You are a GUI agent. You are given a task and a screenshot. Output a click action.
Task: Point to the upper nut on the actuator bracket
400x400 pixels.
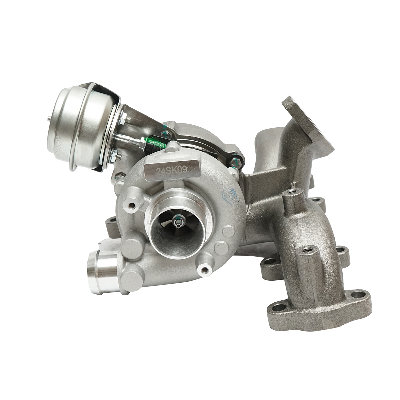[122, 117]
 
